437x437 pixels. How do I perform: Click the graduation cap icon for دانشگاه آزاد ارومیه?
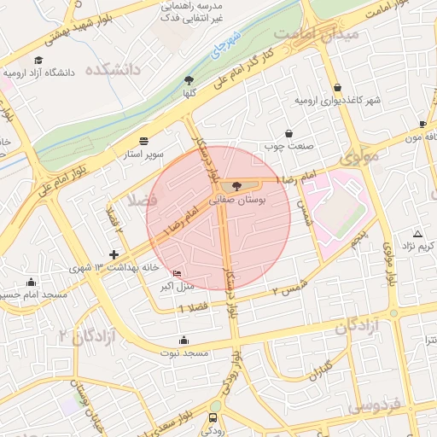click(38, 61)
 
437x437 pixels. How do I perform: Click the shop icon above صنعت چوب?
click(289, 134)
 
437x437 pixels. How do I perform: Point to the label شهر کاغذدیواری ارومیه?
click(337, 101)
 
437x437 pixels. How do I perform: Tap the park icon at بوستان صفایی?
click(236, 185)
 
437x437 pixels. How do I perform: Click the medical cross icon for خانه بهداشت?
click(114, 254)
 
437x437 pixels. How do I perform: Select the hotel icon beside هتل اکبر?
click(177, 274)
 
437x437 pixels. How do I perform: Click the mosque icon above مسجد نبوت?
click(184, 340)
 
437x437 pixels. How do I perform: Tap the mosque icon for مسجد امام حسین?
click(32, 283)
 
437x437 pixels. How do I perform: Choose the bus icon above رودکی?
click(213, 418)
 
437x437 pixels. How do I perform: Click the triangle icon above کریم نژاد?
click(417, 234)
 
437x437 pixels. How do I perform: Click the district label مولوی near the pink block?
click(358, 159)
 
